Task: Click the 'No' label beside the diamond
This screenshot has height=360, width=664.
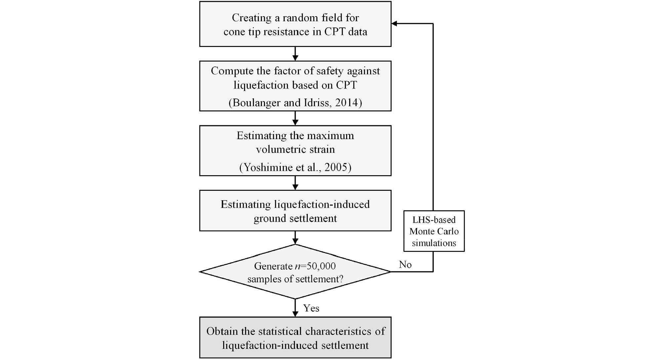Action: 405,264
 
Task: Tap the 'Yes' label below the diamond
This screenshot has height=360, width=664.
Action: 311,308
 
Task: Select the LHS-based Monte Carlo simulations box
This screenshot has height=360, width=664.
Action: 434,231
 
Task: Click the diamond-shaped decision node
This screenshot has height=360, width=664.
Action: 295,272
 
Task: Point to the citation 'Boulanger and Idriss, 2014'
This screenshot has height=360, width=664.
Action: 295,102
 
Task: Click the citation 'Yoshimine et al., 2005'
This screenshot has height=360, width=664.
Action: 295,167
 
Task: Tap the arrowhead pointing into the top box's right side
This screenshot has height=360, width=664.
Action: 394,23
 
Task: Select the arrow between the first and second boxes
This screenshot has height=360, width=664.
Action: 295,54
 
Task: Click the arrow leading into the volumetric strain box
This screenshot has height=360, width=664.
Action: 295,118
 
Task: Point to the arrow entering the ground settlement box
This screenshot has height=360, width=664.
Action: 295,183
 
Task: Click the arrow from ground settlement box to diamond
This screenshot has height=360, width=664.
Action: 295,238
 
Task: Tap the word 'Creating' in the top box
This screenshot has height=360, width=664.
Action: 252,18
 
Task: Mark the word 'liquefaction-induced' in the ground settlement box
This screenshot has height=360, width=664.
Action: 322,204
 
